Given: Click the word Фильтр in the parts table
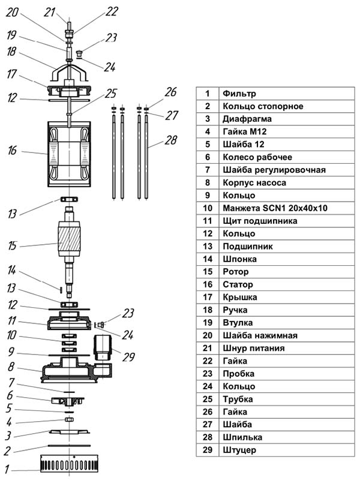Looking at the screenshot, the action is click(239, 94).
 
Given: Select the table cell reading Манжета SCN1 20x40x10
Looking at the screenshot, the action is click(275, 208).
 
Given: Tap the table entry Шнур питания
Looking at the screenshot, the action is click(254, 348).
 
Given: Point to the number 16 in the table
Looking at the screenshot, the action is click(208, 284).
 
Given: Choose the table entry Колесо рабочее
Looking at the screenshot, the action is click(257, 157).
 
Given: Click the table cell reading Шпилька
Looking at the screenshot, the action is click(242, 437).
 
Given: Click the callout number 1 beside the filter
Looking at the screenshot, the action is click(7, 469).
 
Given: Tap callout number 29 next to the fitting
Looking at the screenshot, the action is click(128, 357).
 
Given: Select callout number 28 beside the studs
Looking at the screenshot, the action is click(170, 140).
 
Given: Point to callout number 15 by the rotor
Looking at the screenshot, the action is click(12, 246).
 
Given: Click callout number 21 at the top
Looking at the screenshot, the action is click(49, 12).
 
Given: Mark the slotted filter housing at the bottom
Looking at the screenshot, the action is click(70, 463).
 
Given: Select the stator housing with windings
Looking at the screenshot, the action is click(69, 154).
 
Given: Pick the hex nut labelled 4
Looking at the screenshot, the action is click(69, 419).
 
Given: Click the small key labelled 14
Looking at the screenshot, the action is click(61, 289).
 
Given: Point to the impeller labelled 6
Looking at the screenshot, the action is click(68, 400).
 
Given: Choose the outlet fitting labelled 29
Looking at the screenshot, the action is click(103, 348).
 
